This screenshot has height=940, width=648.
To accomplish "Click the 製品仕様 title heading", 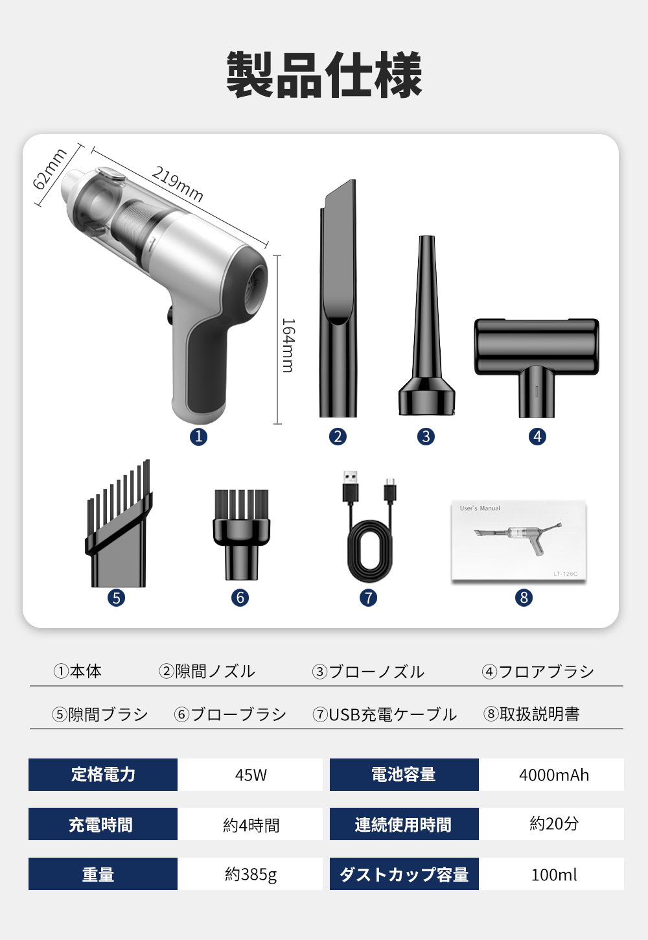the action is (x=324, y=75).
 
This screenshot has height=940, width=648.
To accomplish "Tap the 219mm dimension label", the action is (x=178, y=184).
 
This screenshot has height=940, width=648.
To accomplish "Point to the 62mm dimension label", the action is (x=49, y=169).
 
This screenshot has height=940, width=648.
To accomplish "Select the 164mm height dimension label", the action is (x=288, y=345).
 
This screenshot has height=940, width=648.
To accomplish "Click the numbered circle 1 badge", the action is (x=198, y=436).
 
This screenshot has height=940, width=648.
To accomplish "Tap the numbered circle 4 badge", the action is (x=537, y=436).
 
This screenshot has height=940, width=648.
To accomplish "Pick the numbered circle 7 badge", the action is (x=368, y=598).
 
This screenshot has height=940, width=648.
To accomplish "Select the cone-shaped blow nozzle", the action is (x=426, y=325).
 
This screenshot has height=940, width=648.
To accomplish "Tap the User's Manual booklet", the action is (x=518, y=540).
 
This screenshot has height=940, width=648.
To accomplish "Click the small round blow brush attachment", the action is (x=241, y=535).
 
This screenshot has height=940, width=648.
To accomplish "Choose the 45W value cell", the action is (x=250, y=775).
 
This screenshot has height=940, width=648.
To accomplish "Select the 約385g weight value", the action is (x=250, y=874).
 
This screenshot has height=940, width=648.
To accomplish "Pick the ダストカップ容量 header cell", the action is (x=404, y=874).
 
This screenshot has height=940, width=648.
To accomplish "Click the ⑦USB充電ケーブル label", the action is (x=384, y=714).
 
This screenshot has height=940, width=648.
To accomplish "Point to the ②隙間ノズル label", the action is (x=207, y=672).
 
